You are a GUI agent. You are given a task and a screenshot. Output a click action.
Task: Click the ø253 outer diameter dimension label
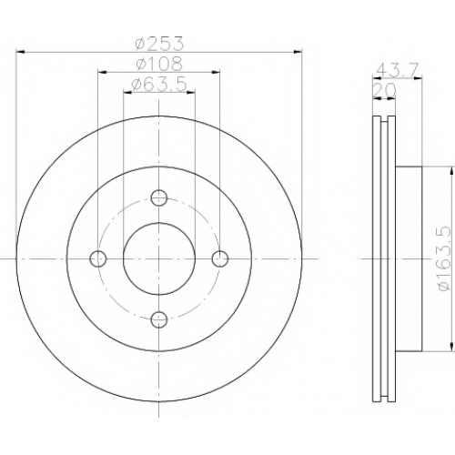pyautogui.click(x=159, y=44)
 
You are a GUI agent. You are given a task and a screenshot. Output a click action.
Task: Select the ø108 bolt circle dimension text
pyautogui.click(x=159, y=64)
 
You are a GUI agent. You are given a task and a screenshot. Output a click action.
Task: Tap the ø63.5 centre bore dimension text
pyautogui.click(x=159, y=85)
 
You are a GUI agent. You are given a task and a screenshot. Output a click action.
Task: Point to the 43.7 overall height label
pyautogui.click(x=398, y=70)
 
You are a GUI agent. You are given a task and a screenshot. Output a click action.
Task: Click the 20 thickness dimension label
pyautogui.click(x=384, y=90)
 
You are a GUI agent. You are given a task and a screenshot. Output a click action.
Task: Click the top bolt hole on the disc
pyautogui.click(x=159, y=197)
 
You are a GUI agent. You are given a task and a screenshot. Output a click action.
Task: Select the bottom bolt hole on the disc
pyautogui.click(x=159, y=319)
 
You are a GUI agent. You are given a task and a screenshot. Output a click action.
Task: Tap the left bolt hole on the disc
pyautogui.click(x=98, y=258)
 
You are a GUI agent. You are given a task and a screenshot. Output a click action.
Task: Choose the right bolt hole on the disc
pyautogui.click(x=220, y=258)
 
